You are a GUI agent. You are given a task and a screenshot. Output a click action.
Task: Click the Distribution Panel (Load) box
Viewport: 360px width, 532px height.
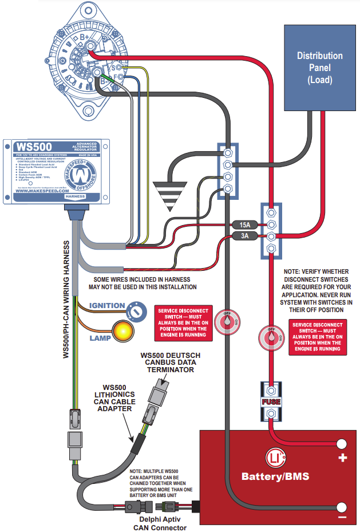coord(319,68)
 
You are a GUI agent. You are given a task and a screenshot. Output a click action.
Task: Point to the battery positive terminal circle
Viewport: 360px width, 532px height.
coord(342,444)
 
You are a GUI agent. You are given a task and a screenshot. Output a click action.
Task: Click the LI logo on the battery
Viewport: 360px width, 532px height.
coord(275,458)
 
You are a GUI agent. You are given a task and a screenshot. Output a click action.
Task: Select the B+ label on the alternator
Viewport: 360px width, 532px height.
coord(84,38)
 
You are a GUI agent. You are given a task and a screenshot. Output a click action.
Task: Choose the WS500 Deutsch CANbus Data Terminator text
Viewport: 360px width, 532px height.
coord(170,362)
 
